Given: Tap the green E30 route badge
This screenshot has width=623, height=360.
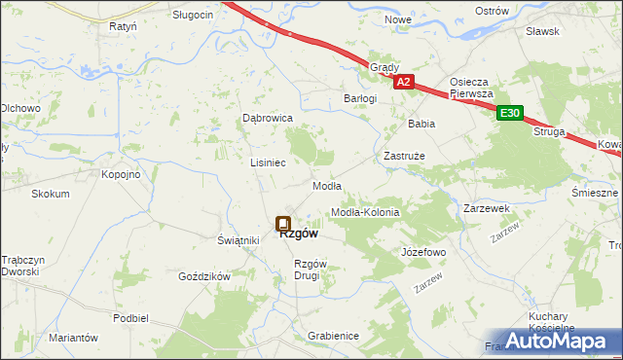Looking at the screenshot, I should [x=510, y=114].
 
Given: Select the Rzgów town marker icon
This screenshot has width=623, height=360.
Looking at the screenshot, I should [x=283, y=224].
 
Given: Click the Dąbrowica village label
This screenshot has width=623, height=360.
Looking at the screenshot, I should [x=268, y=118].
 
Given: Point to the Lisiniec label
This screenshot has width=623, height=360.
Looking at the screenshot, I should [x=268, y=162].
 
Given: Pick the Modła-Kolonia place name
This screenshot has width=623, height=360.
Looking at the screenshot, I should [x=366, y=212].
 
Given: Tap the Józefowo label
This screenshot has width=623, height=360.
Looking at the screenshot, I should [x=423, y=252].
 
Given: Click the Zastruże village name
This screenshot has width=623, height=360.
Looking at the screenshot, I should [x=403, y=156].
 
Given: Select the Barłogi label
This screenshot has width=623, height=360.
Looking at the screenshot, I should [x=360, y=98].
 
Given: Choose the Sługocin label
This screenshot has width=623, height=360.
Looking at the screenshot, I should [x=193, y=16].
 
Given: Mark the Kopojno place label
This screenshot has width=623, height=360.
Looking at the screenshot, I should [x=122, y=174].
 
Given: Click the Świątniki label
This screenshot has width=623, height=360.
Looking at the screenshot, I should [x=238, y=240].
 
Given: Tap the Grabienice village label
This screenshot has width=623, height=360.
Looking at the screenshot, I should [x=333, y=336].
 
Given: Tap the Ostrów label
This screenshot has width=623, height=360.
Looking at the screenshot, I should [x=493, y=10].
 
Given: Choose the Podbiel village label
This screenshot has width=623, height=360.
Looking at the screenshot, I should [x=130, y=318].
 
